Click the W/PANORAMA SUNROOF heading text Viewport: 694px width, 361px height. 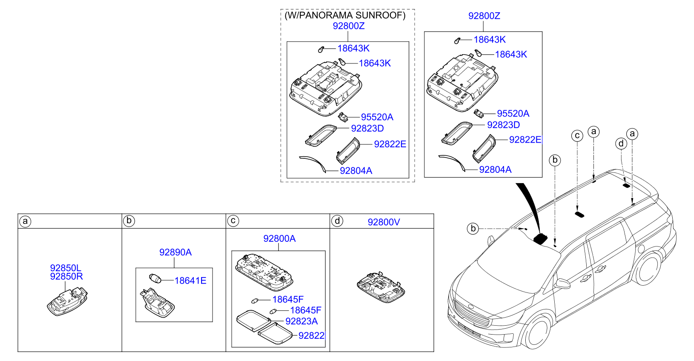[x=345, y=15]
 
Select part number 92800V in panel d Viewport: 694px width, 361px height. [x=383, y=222]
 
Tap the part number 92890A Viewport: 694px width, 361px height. [x=176, y=252]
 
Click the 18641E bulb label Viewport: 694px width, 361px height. [x=190, y=281]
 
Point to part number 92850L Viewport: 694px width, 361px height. [x=65, y=268]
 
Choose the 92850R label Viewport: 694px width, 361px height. [x=66, y=276]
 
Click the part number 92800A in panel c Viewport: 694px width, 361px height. [x=279, y=238]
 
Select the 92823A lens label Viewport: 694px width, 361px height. [x=302, y=321]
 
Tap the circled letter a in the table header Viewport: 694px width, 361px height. [x=25, y=221]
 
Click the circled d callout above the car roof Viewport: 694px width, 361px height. [x=621, y=143]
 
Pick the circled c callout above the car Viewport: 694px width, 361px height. [x=577, y=136]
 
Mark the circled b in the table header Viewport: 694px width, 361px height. [x=129, y=221]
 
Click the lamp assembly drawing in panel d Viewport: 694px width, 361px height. [x=381, y=287]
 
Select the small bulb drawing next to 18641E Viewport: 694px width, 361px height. [x=155, y=278]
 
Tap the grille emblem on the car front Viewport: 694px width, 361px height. [x=471, y=307]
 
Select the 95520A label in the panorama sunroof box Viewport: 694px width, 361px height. [x=377, y=117]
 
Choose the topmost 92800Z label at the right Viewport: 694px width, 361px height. [x=484, y=16]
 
